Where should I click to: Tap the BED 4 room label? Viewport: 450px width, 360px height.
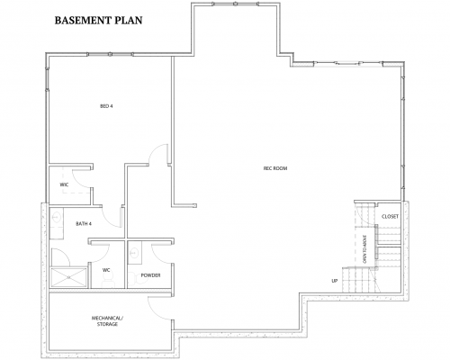(x=105, y=107)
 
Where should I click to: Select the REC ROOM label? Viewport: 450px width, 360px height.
(x=274, y=168)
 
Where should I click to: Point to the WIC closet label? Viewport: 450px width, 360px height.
(x=65, y=184)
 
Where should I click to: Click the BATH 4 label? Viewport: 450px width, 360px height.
(x=109, y=211)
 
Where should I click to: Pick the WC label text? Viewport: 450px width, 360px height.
(x=105, y=269)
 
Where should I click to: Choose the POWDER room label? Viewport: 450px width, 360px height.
(x=150, y=274)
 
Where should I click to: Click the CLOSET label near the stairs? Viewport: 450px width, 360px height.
(x=390, y=217)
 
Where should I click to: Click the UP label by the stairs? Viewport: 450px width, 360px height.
(x=334, y=280)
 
